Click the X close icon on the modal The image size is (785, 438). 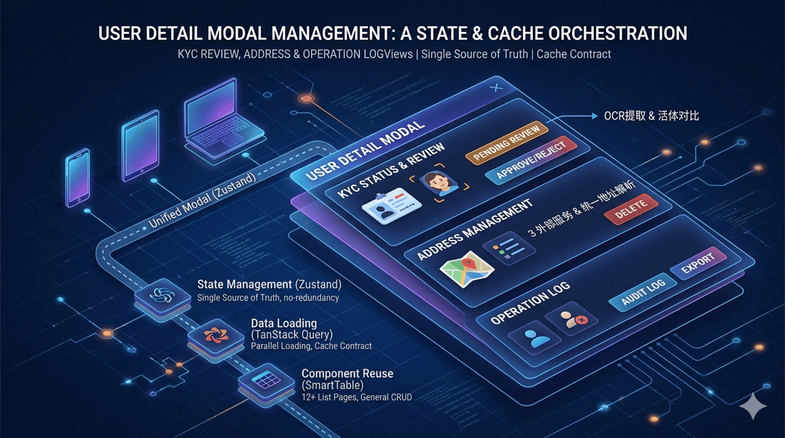coord(496,88)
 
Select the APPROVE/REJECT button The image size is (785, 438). coord(531,159)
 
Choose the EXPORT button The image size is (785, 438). coord(698,263)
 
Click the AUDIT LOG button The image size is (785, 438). coord(643,292)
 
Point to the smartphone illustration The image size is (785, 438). coord(78,178)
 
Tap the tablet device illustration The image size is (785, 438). coord(140,145)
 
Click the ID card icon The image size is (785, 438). coord(391,206)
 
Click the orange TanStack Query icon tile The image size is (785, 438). coord(216,336)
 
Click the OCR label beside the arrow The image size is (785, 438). coord(651,116)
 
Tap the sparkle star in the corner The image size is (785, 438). coord(753,405)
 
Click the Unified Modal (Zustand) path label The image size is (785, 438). coord(202,201)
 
